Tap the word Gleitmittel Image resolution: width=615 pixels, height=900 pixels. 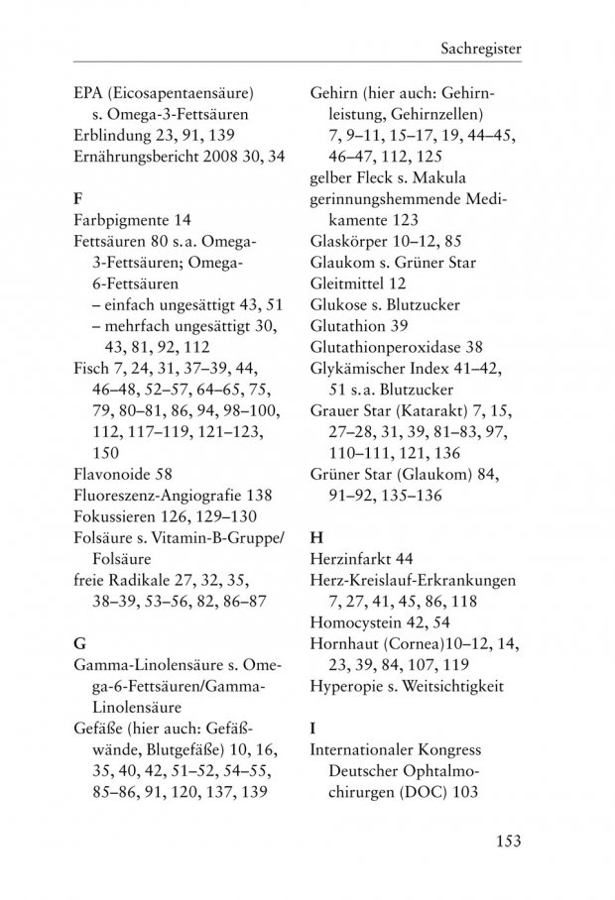tap(343, 283)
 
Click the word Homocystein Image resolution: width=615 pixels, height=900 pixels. tap(354, 622)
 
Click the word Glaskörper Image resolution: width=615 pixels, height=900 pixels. tap(343, 240)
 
